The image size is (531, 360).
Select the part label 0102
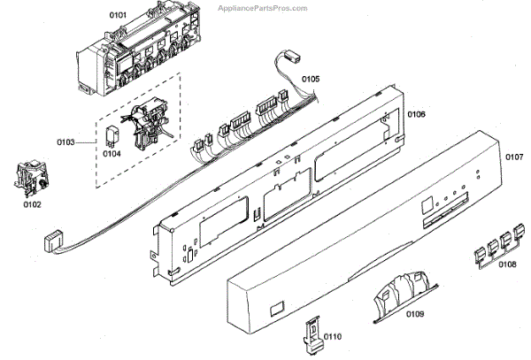[x=31, y=205]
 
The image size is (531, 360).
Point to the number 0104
[x=111, y=153]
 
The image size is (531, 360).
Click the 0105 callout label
[x=310, y=80]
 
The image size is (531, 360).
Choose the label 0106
[x=416, y=114]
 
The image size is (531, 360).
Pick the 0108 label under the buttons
[x=506, y=264]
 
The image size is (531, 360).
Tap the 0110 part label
[x=331, y=337]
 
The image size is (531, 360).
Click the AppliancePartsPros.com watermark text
[x=263, y=8]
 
